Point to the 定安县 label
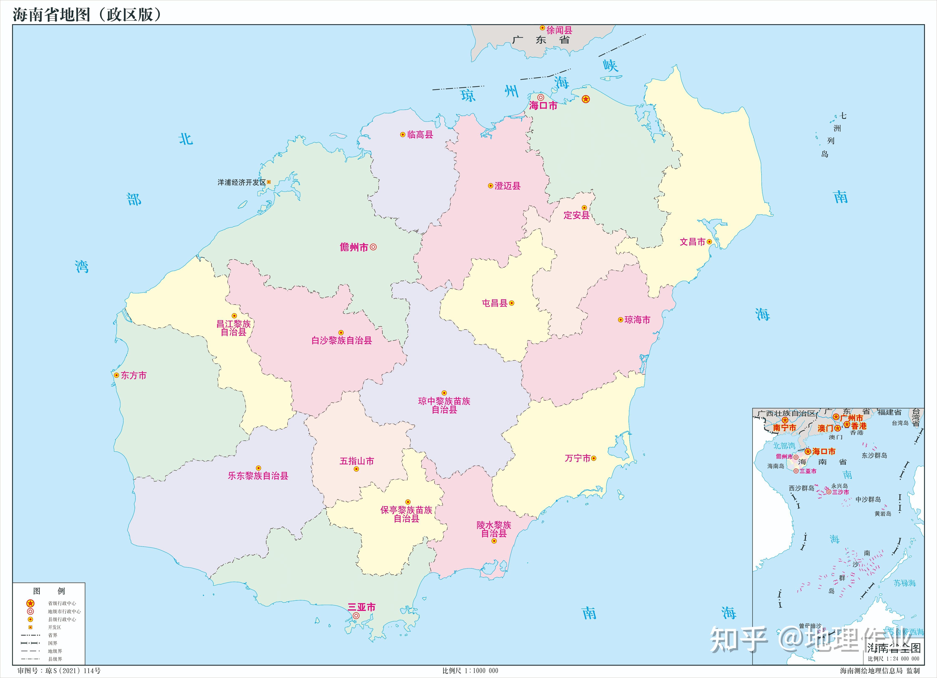tap(576, 215)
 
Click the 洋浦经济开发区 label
tap(242, 182)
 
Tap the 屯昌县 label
tap(495, 303)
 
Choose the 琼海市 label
tap(637, 320)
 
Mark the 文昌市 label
tap(692, 242)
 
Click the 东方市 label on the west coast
tap(133, 375)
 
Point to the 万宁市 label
tap(578, 458)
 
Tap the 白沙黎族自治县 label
tap(342, 341)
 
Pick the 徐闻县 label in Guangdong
tap(559, 30)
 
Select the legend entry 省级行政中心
tap(62, 603)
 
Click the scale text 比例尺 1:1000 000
tap(470, 670)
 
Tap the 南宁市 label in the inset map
tap(784, 428)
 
